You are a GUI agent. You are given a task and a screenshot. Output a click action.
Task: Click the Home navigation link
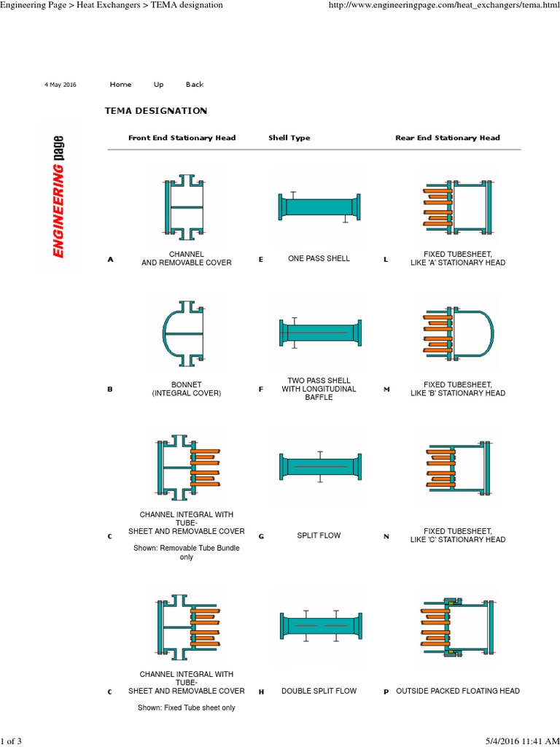pyautogui.click(x=120, y=85)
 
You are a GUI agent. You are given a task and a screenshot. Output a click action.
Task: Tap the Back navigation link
pyautogui.click(x=195, y=85)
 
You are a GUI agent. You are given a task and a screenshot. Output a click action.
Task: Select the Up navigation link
pyautogui.click(x=158, y=85)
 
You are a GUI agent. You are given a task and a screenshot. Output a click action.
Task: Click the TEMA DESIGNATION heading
pyautogui.click(x=156, y=111)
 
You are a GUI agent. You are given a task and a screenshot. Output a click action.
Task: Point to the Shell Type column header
pyautogui.click(x=289, y=138)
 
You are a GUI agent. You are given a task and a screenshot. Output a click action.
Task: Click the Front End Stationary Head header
pyautogui.click(x=182, y=138)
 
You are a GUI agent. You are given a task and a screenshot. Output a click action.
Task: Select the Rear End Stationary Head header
pyautogui.click(x=448, y=138)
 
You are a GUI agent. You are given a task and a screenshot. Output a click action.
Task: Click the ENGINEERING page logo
pyautogui.click(x=58, y=197)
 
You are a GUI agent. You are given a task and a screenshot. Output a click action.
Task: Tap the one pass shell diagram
pyautogui.click(x=319, y=207)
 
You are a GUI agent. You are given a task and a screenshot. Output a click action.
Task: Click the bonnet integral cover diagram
pyautogui.click(x=183, y=333)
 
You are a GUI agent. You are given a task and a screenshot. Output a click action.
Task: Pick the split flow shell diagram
pyautogui.click(x=319, y=466)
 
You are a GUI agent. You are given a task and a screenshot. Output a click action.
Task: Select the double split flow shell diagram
pyautogui.click(x=319, y=626)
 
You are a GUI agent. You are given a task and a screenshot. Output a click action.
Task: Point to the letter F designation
pyautogui.click(x=260, y=390)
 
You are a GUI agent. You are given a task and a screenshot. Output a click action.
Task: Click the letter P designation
pyautogui.click(x=386, y=692)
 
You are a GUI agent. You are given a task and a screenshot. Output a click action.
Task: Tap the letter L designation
pyautogui.click(x=386, y=259)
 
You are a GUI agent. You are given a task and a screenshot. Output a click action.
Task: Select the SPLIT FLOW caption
pyautogui.click(x=319, y=535)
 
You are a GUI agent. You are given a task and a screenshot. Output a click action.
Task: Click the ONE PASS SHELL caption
pyautogui.click(x=319, y=258)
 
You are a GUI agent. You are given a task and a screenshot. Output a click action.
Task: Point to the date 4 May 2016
pyautogui.click(x=61, y=85)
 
